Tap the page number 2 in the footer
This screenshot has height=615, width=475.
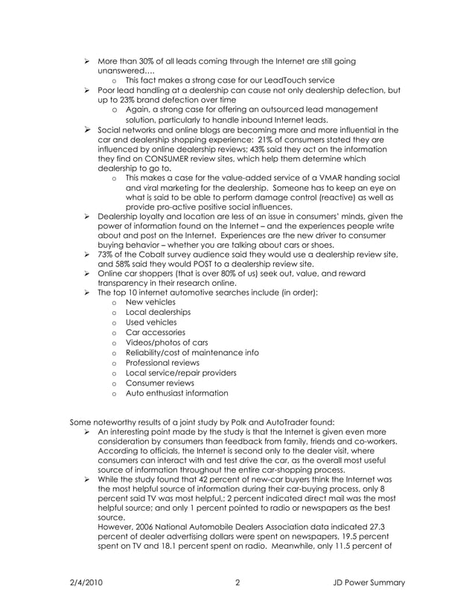[237, 582]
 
